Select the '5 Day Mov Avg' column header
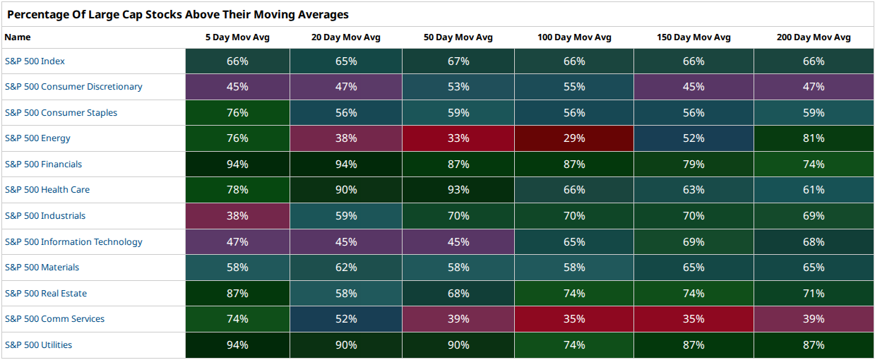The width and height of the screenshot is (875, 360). coord(237,37)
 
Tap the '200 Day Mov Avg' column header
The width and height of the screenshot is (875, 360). coord(814,37)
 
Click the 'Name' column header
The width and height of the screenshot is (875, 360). coord(18,37)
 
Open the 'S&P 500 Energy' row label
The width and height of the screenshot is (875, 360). coord(37,138)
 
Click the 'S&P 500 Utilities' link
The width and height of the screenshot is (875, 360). coord(38,345)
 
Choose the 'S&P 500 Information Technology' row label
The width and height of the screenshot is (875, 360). coord(73,242)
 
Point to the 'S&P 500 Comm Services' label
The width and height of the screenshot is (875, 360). coord(54,319)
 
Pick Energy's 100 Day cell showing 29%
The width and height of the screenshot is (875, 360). coord(574,138)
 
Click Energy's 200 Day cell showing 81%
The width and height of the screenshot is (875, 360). coord(814,138)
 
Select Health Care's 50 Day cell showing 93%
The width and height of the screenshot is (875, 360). coord(458,190)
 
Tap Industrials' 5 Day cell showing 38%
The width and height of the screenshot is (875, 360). coord(237,216)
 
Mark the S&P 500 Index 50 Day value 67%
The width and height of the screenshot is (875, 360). coord(458,61)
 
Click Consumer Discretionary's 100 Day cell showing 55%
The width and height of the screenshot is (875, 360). coord(574,87)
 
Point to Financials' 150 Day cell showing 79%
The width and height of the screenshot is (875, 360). coord(694,164)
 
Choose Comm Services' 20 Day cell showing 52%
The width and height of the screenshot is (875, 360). coord(346,319)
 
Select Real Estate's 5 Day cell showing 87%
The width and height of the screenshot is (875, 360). coord(237,294)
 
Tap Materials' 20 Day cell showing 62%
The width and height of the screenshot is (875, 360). coord(346,268)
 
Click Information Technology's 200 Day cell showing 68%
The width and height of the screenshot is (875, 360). coord(814,242)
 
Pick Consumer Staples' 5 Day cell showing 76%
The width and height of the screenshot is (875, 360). coord(237,113)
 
